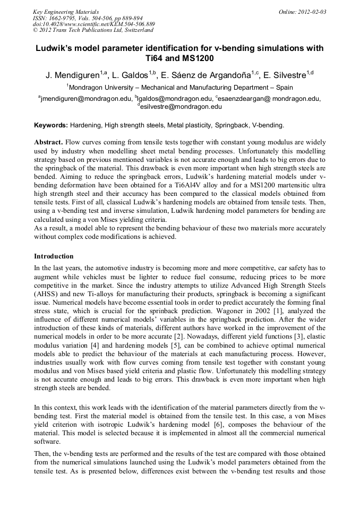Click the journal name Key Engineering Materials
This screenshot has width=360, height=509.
pyautogui.click(x=65, y=12)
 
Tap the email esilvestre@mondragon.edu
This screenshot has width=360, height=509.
pyautogui.click(x=181, y=107)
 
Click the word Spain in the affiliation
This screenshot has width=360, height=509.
pyautogui.click(x=283, y=88)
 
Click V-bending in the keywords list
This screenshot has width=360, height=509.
pyautogui.click(x=267, y=125)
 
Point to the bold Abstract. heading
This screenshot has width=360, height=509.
pyautogui.click(x=49, y=143)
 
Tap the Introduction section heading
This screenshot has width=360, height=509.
pyautogui.click(x=54, y=256)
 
